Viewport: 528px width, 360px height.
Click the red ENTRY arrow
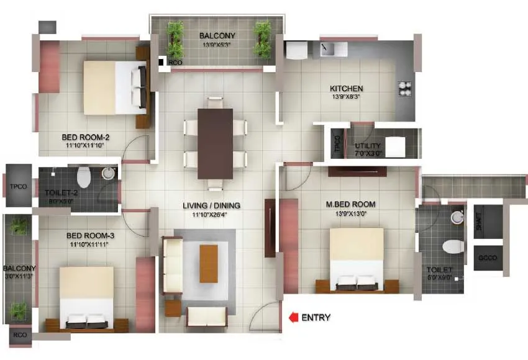pos(293,318)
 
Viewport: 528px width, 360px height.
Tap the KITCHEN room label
pos(346,89)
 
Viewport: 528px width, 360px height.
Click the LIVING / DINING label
pos(211,205)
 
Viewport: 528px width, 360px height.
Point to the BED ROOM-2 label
pos(86,137)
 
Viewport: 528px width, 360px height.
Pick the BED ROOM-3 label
pos(90,236)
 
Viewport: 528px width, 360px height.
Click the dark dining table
pos(215,143)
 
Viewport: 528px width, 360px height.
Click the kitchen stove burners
pos(406,88)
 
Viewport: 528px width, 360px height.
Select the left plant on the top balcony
pos(175,38)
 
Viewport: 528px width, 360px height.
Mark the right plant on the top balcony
pos(262,38)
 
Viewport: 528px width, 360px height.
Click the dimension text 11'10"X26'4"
pos(211,215)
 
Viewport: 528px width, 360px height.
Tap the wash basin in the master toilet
pos(458,217)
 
